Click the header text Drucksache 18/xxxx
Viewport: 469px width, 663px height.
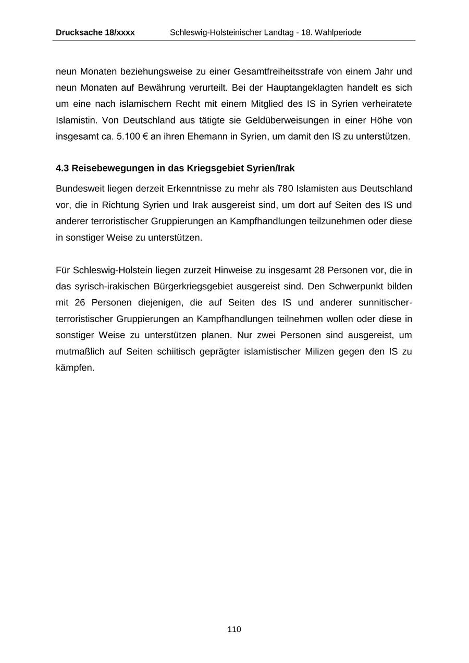(95, 32)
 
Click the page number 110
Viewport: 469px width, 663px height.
(234, 629)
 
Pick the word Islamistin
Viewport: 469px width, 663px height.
(77, 120)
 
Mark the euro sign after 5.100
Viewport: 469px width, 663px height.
(145, 137)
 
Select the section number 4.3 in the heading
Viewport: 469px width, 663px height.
(63, 168)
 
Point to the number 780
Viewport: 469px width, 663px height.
(286, 189)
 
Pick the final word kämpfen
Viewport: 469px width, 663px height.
(75, 368)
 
